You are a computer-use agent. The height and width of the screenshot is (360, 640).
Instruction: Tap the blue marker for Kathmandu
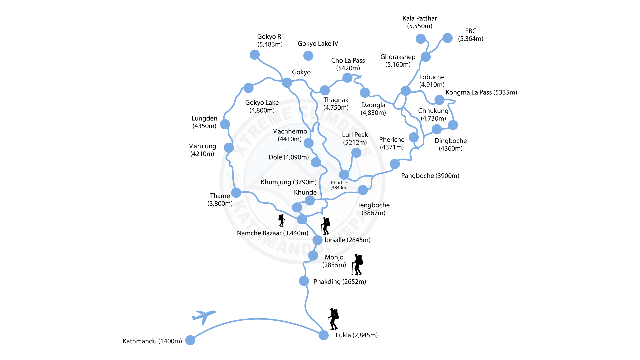coord(190,340)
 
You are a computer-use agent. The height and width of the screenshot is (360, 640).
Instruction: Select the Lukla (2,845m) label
coord(356,335)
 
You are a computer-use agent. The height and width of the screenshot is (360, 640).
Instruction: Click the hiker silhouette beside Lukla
coord(333,319)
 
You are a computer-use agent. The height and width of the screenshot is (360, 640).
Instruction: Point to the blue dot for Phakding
coord(304,281)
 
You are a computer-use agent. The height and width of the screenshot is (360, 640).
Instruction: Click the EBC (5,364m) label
coord(470,35)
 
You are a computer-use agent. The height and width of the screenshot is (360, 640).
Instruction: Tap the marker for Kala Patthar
coord(420,39)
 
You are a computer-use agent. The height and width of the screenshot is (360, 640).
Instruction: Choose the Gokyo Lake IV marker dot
coord(308,56)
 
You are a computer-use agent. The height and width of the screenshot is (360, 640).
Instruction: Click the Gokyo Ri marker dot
coord(254,55)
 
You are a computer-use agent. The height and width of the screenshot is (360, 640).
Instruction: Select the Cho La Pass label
coord(348,64)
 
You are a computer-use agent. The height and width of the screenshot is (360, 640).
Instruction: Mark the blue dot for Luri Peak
coord(356,153)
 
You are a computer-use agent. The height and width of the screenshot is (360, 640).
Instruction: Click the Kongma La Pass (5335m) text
coord(481,92)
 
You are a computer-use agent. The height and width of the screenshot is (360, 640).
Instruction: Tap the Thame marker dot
coord(236,193)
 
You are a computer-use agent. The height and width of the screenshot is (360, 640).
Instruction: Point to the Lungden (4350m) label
coord(204,122)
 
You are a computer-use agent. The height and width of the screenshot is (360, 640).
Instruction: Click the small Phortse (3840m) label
coord(339,185)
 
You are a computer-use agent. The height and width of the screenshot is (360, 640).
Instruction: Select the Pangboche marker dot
coord(395,164)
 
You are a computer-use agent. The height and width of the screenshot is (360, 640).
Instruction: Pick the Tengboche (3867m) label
coord(373,209)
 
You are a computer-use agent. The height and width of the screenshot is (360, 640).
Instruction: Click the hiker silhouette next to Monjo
coord(358,264)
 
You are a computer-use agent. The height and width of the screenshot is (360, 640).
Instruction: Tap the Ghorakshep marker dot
coord(425,57)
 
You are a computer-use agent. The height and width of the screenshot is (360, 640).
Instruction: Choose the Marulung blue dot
coord(229,147)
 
